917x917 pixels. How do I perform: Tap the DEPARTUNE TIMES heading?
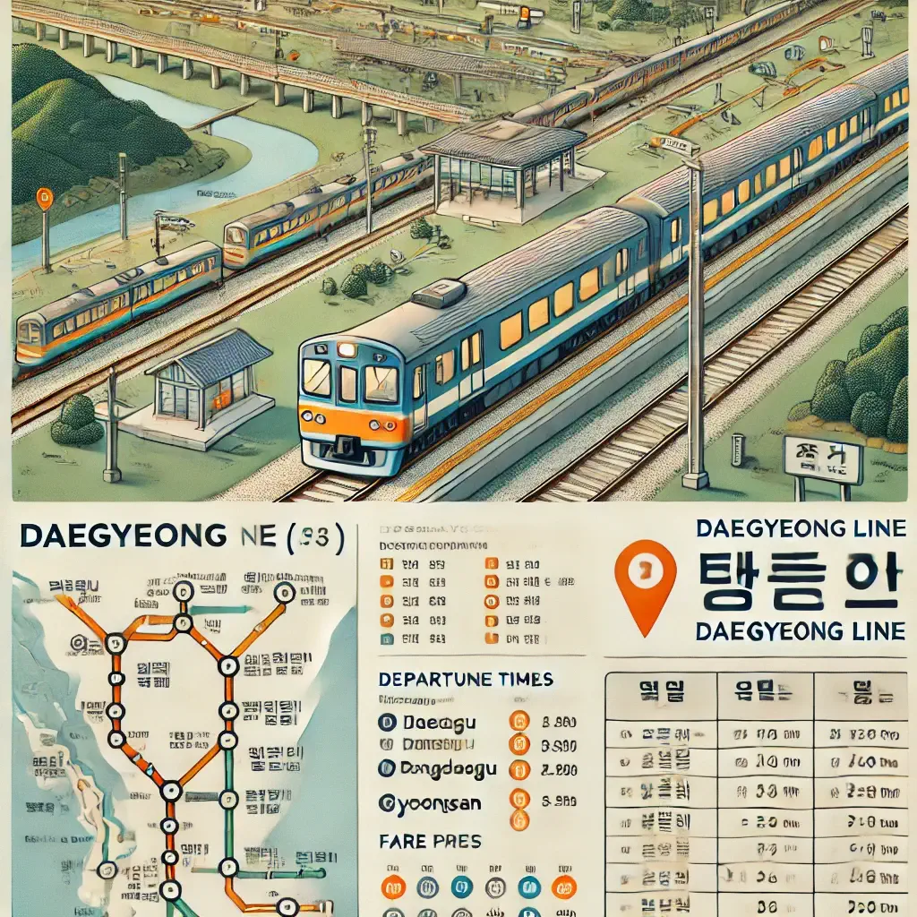(466, 680)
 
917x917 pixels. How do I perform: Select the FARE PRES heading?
(430, 842)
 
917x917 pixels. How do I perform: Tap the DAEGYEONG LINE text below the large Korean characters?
(800, 630)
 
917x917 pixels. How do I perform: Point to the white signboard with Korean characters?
(821, 460)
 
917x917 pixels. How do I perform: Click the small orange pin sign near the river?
(44, 200)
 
